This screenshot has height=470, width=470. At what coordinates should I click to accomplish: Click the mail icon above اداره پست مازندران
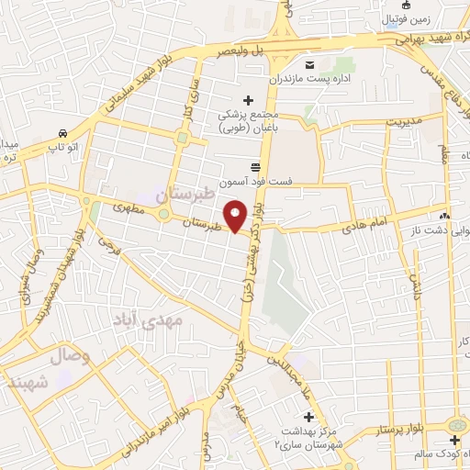[309, 64]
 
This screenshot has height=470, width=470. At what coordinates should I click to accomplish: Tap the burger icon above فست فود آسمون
[254, 166]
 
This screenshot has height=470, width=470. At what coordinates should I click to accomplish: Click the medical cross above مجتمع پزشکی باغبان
[245, 99]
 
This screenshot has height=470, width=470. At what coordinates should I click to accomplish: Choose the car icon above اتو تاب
[62, 132]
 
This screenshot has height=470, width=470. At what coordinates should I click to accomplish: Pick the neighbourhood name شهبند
[25, 381]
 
